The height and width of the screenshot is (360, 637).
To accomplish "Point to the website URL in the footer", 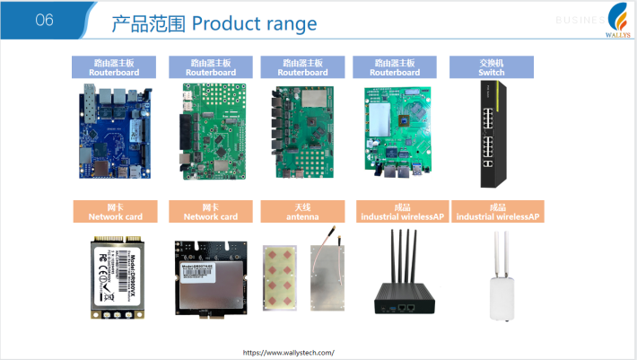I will tap(288, 353).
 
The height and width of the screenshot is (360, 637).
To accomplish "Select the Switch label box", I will tap(485, 67).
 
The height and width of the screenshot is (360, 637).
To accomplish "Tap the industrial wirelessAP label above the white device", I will tap(498, 212).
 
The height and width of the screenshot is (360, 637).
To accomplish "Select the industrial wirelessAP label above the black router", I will tap(400, 212).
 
